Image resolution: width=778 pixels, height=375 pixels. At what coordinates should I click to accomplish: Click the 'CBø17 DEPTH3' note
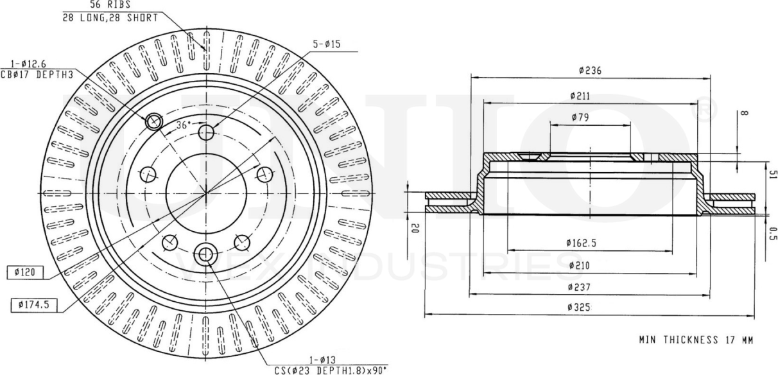point(38,74)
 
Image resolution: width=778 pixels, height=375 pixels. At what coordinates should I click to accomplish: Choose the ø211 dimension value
point(580,96)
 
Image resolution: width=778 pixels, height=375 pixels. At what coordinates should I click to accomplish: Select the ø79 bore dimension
point(580,118)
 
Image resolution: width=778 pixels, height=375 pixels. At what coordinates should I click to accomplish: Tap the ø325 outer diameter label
point(579,308)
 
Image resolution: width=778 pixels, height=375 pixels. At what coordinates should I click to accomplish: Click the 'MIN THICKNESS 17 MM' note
point(695,339)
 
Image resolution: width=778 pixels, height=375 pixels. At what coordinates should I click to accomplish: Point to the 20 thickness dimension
point(415,229)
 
